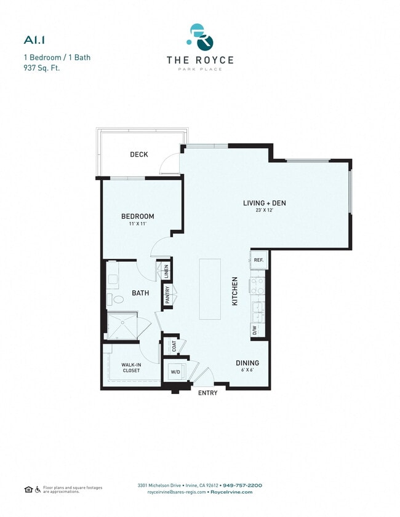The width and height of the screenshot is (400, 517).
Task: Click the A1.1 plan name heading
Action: pos(33,40)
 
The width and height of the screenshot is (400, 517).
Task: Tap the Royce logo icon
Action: pos(200,37)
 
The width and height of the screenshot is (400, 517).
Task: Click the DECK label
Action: pos(139,154)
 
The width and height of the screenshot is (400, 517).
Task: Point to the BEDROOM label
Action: pos(137,216)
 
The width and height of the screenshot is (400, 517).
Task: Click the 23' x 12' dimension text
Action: pos(264,211)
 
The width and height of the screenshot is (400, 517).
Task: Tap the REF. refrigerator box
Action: pos(258,260)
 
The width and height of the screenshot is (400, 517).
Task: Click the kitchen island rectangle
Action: pos(209,289)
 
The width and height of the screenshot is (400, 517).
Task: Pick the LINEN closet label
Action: pos(166,271)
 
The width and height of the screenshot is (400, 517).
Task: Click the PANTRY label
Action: pos(167,296)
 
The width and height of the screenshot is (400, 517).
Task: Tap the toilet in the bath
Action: pos(116,300)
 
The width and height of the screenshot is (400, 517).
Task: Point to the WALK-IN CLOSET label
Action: pos(132,368)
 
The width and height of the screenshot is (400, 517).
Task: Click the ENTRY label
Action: pos(207,393)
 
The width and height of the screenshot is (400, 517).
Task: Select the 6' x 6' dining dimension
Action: pos(247,371)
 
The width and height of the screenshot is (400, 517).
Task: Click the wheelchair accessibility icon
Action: pos(38,489)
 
